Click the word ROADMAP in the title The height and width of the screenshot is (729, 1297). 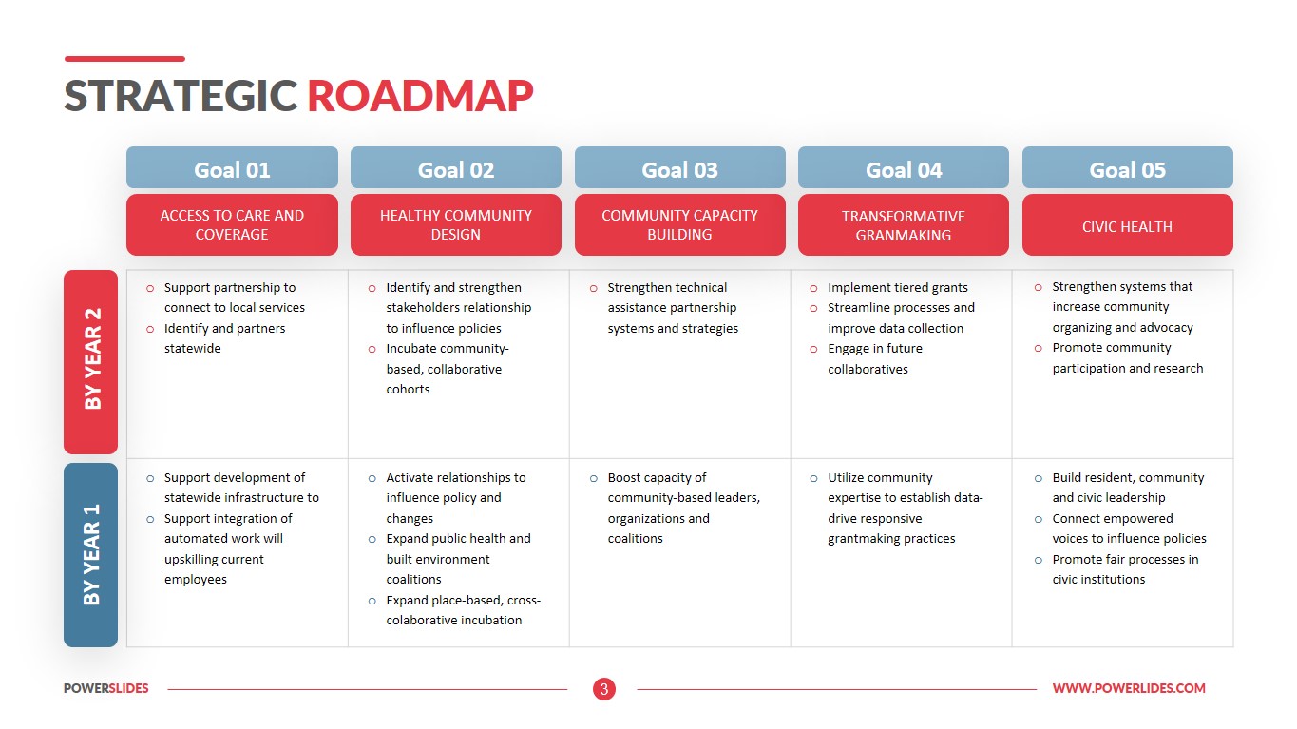tap(420, 96)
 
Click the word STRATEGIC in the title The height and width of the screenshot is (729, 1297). tap(181, 96)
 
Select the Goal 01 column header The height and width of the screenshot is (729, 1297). tap(232, 167)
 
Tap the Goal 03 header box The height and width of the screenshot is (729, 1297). tap(679, 167)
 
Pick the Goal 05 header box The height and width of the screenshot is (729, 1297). tap(1127, 167)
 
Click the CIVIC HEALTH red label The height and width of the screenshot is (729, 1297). tap(1127, 225)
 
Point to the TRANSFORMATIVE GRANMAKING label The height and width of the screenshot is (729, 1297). tap(904, 225)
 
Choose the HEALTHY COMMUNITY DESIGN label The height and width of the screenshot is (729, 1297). tap(456, 225)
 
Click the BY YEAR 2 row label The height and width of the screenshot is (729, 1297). tap(91, 362)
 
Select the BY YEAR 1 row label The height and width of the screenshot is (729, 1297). tap(91, 555)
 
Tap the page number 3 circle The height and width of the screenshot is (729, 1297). tap(604, 689)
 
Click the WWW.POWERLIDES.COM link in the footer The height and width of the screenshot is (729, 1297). tap(1129, 688)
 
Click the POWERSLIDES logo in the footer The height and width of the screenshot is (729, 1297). tap(106, 688)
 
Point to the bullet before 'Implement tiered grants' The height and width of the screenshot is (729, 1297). tap(813, 288)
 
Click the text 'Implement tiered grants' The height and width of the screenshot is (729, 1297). tap(898, 288)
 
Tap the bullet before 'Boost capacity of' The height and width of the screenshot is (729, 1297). tap(594, 479)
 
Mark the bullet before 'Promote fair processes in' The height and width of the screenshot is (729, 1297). tap(1039, 561)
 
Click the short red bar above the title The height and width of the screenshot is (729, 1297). tap(124, 59)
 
